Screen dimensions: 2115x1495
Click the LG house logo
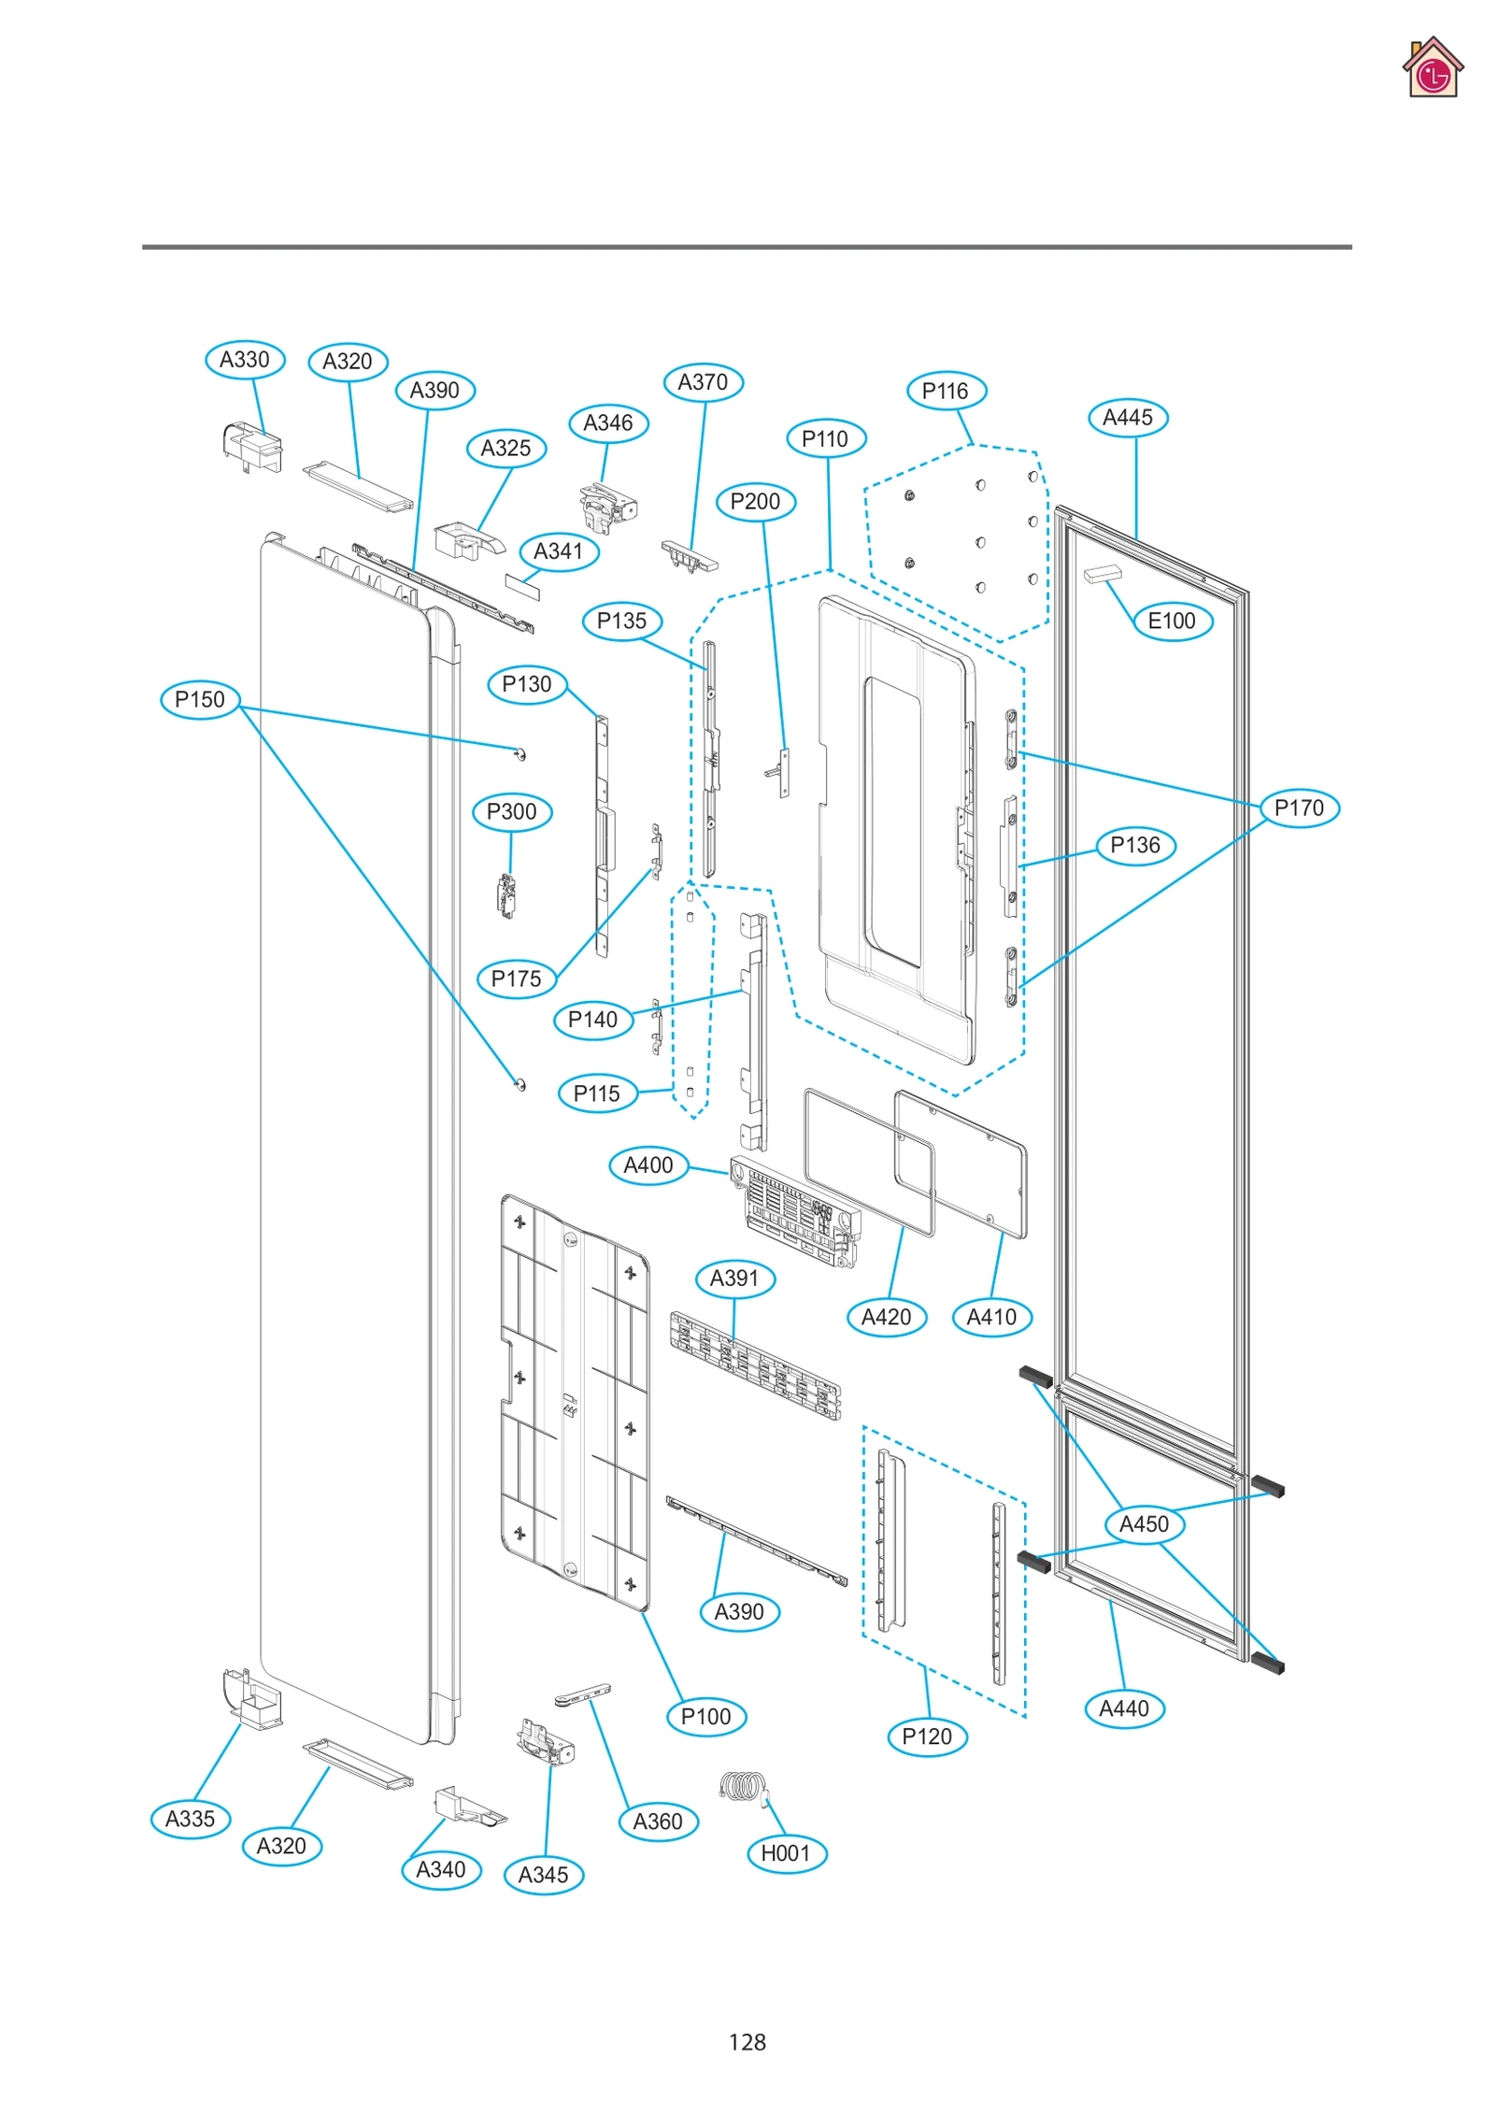pos(1431,68)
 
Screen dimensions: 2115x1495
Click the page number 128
pos(747,2041)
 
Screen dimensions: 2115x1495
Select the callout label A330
pos(245,360)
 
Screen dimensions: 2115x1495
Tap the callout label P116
pos(946,391)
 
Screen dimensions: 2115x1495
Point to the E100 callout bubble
pos(1172,621)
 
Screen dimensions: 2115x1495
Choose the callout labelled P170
pos(1299,807)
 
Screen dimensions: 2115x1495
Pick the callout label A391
pos(735,1278)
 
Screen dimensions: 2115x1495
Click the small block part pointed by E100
pos(1103,573)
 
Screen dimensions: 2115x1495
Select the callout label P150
pos(200,699)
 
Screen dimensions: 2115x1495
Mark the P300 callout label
pos(512,811)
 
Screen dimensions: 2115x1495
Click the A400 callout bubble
pos(648,1165)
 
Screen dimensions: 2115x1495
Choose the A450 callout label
pos(1144,1524)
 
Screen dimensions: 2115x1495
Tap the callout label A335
pos(191,1819)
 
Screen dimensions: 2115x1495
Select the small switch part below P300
pos(507,896)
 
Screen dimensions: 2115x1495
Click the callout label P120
pos(927,1736)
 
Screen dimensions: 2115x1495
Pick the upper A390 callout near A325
pos(435,390)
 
